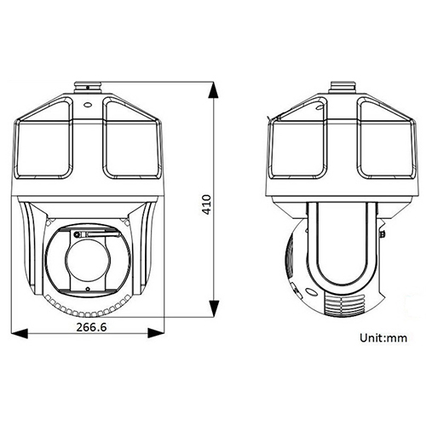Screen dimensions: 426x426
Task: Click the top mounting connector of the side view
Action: click(x=344, y=88)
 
